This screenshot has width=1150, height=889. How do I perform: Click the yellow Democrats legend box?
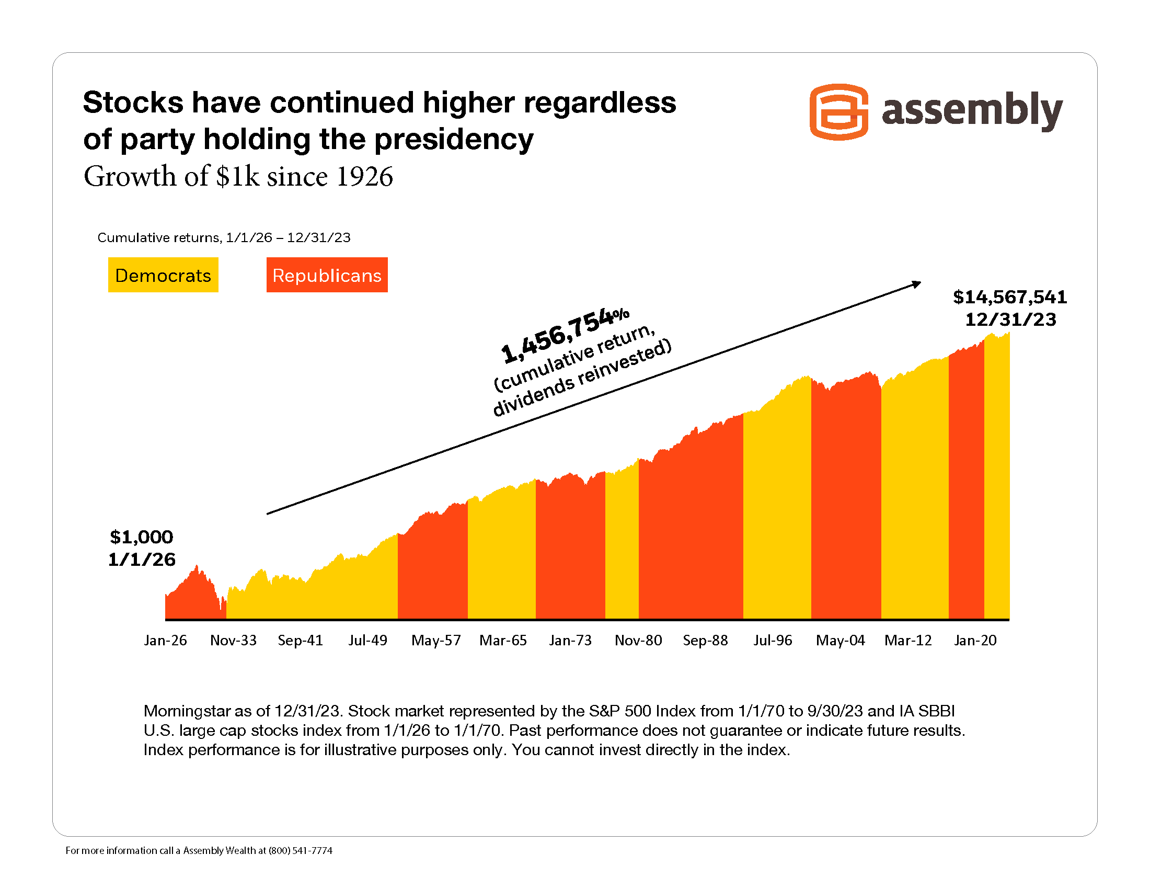pos(163,275)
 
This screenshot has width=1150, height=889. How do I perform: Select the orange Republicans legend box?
pos(327,275)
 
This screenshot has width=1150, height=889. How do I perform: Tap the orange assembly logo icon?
pos(838,112)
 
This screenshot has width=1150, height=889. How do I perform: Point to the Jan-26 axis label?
pos(165,641)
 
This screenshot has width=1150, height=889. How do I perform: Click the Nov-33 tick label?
pos(233,641)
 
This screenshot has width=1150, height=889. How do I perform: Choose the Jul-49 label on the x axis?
pos(367,641)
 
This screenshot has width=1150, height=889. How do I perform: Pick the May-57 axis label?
pos(436,641)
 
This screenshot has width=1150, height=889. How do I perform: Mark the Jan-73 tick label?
pos(570,641)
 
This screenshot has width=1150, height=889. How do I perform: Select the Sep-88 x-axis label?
pos(705,641)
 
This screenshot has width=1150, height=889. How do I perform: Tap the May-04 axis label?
pos(841,641)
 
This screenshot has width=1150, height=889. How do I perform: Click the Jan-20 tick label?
pos(975,641)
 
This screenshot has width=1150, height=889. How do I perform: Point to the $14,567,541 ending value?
pos(1010,297)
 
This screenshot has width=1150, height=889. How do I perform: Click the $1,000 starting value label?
pos(141,537)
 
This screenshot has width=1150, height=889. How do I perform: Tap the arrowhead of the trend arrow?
pos(917,284)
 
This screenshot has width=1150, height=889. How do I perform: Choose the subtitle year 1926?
pos(364,176)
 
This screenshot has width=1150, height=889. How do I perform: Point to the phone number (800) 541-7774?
pos(300,850)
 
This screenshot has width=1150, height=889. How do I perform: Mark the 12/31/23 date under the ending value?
pos(1010,320)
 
